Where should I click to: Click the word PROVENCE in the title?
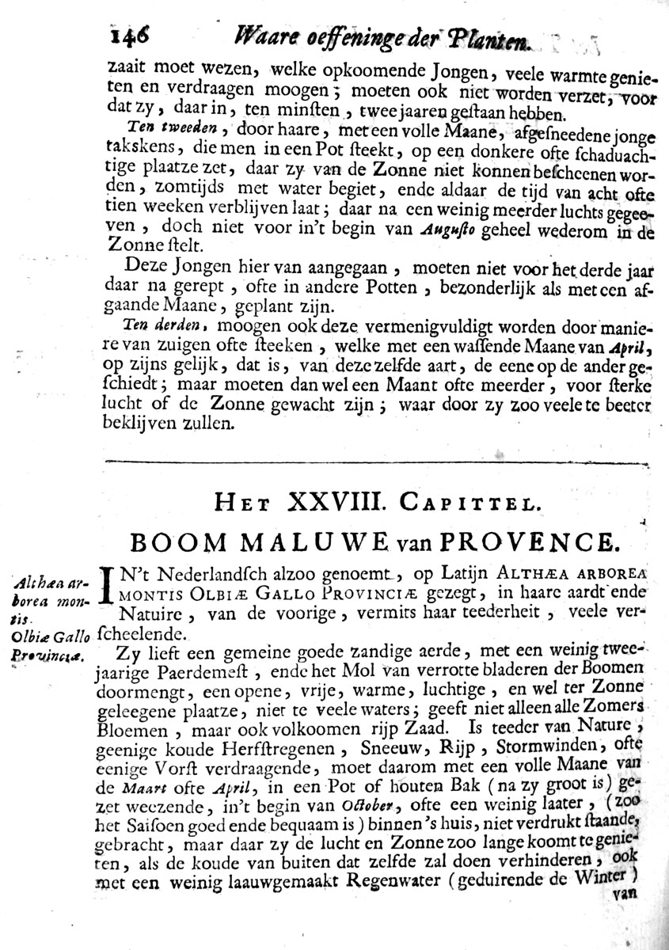point(538,542)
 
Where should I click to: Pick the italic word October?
point(370,804)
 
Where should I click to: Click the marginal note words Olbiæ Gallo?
point(48,635)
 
